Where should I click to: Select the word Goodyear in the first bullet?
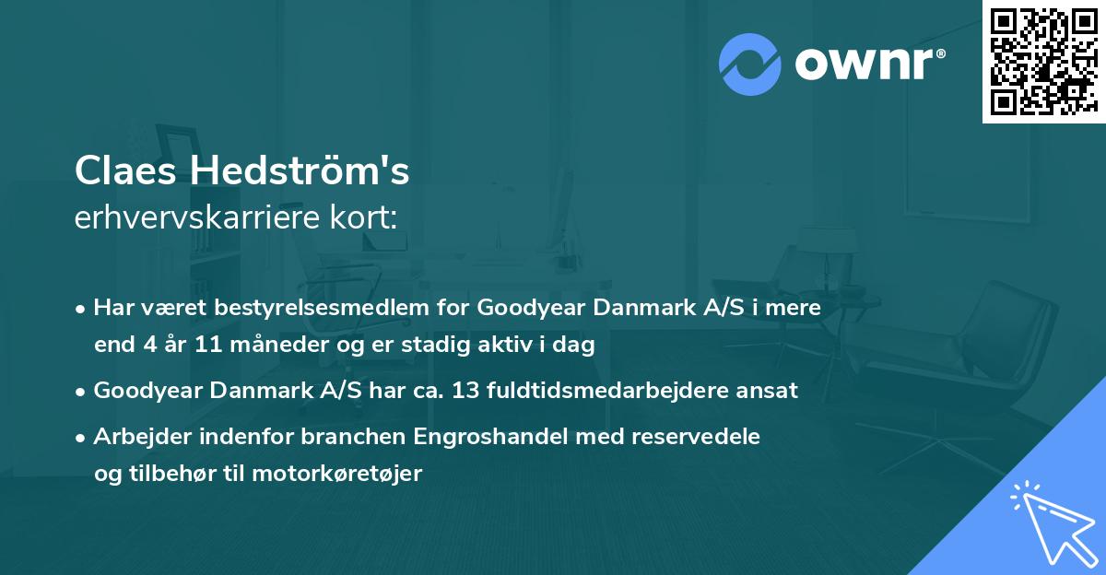(532, 308)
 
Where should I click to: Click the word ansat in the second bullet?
(772, 390)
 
